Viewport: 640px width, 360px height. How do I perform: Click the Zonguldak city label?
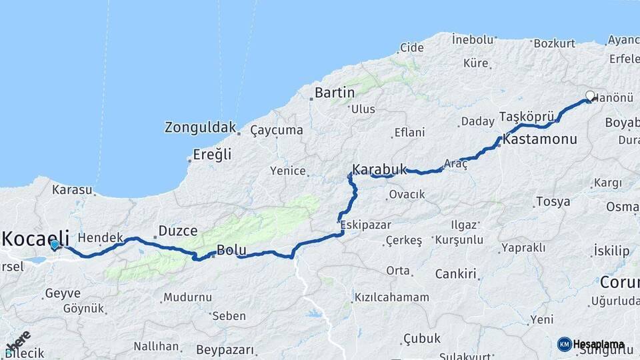200,127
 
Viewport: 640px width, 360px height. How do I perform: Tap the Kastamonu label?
540,140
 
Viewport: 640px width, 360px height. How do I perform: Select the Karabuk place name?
379,169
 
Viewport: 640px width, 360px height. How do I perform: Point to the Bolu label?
231,251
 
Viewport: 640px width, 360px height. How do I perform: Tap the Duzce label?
177,231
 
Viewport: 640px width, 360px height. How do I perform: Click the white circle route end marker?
590,95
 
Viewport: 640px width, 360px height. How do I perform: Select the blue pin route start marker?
54,245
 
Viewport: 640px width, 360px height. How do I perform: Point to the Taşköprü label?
527,117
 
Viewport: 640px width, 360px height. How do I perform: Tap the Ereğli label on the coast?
212,155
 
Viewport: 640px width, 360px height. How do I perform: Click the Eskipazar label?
365,225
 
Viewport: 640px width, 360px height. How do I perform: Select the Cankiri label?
455,274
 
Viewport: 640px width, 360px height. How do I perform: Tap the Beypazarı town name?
225,349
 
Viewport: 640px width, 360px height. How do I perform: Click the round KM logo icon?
564,344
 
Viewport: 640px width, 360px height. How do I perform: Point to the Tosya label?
553,201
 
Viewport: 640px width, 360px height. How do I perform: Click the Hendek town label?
101,237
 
